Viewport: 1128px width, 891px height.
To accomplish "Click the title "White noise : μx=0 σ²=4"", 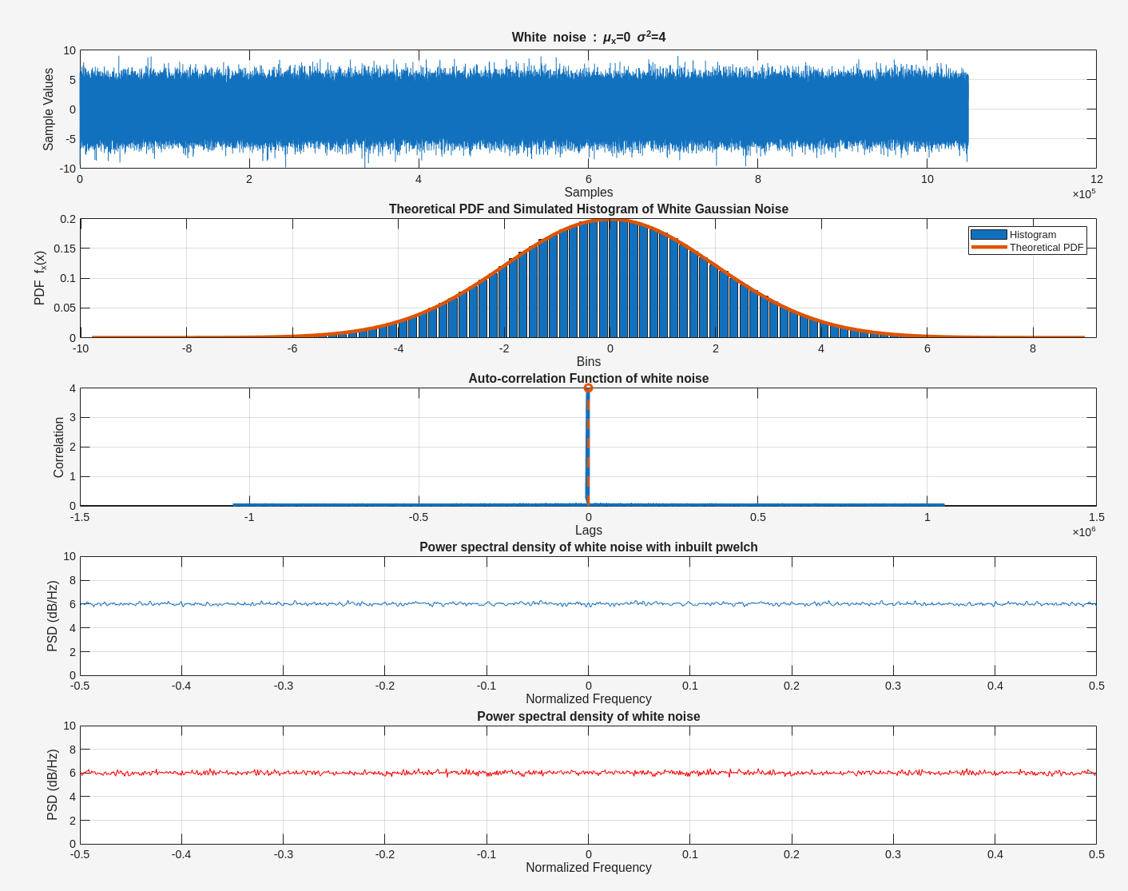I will pos(588,38).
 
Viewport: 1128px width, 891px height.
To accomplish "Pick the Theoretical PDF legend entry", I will pos(1027,248).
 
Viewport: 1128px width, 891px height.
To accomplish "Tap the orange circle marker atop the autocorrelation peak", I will pos(588,388).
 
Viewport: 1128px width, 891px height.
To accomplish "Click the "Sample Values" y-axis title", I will pos(49,109).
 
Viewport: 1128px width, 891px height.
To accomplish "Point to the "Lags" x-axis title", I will pos(588,531).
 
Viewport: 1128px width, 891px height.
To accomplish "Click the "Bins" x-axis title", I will pos(588,362).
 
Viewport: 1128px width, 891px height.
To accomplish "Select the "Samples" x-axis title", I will pos(588,193).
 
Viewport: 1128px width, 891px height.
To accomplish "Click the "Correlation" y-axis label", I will pos(58,447).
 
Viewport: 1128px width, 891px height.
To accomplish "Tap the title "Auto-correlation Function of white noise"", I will pos(588,379).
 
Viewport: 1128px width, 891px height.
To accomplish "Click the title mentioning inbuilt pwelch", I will pos(588,547).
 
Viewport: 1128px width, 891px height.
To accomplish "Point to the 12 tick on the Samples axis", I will pos(1096,179).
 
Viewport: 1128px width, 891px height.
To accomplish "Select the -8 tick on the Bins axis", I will pos(187,348).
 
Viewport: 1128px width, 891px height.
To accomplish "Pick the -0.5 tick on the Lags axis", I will pos(419,517).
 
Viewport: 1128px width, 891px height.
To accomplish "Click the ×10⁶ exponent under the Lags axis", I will pos(1084,532).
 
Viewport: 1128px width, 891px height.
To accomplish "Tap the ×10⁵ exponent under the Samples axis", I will pos(1084,194).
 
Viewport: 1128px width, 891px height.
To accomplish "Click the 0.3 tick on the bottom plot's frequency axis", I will pos(893,854).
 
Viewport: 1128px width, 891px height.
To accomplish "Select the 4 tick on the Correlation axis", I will pos(73,389).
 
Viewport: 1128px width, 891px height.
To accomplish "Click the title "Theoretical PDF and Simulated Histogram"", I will pos(588,209).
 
